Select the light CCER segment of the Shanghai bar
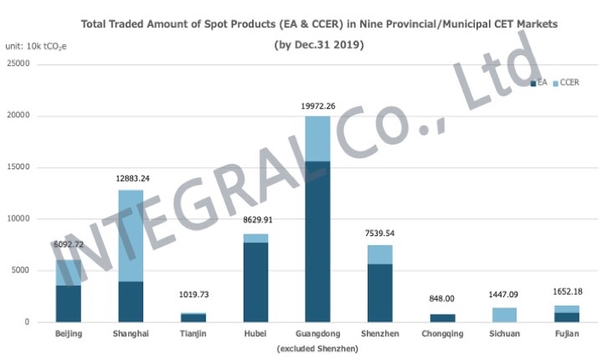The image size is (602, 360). point(131,235)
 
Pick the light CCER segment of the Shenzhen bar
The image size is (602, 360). point(380,254)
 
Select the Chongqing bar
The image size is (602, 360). point(443,318)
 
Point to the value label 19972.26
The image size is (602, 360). point(317,105)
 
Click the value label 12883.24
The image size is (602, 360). point(131,179)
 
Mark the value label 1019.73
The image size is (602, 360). point(193,295)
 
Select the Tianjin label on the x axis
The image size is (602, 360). point(193,334)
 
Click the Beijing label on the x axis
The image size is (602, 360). point(69,334)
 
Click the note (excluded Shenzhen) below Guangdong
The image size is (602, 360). point(317,347)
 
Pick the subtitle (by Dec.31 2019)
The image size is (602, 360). point(319,44)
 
